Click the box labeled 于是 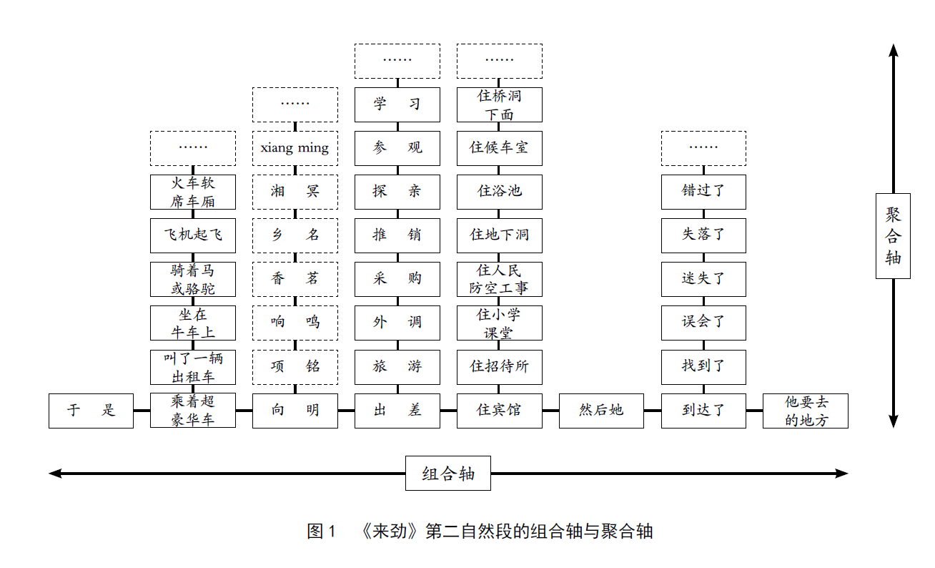tap(91, 411)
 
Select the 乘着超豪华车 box tap(193, 411)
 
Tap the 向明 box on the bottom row tap(295, 411)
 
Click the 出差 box tap(397, 411)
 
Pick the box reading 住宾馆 tap(500, 411)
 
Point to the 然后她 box tap(601, 411)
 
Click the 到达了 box tap(703, 411)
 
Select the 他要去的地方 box tap(806, 411)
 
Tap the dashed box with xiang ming tap(295, 148)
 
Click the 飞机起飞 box tap(193, 235)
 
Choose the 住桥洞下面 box tap(500, 104)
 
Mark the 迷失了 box tap(703, 279)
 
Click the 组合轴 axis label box tap(448, 473)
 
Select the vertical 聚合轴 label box tap(893, 235)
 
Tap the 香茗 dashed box tap(295, 279)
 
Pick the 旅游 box tap(397, 367)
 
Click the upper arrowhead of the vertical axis tap(893, 50)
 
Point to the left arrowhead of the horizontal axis tap(54, 473)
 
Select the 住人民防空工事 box tap(500, 279)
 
